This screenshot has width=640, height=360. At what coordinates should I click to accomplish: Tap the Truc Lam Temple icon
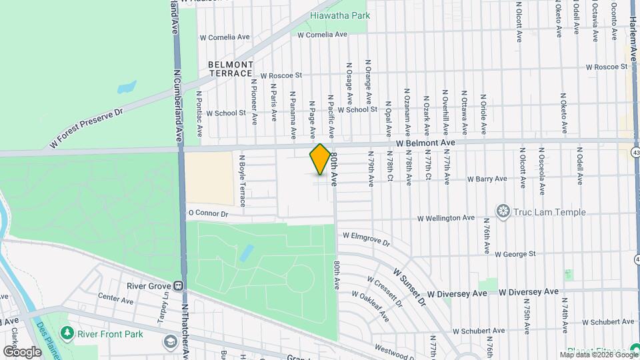503,212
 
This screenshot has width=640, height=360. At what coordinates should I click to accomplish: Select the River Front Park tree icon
67,332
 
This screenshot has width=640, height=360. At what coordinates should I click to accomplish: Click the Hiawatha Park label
339,15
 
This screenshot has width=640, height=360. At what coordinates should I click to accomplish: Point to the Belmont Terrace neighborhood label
231,69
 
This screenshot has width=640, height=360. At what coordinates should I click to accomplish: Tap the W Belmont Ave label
424,143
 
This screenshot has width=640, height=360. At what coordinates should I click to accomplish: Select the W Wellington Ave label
446,218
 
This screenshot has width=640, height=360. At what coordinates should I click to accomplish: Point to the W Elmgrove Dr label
366,235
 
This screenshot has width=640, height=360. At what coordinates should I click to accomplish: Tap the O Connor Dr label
208,214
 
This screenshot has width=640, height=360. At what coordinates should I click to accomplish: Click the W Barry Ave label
487,179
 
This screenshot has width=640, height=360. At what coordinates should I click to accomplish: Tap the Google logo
22,351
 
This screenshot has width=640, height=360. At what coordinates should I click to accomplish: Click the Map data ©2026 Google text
603,353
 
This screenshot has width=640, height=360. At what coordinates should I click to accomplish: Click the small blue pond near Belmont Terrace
127,87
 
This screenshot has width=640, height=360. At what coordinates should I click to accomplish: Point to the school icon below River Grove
171,342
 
